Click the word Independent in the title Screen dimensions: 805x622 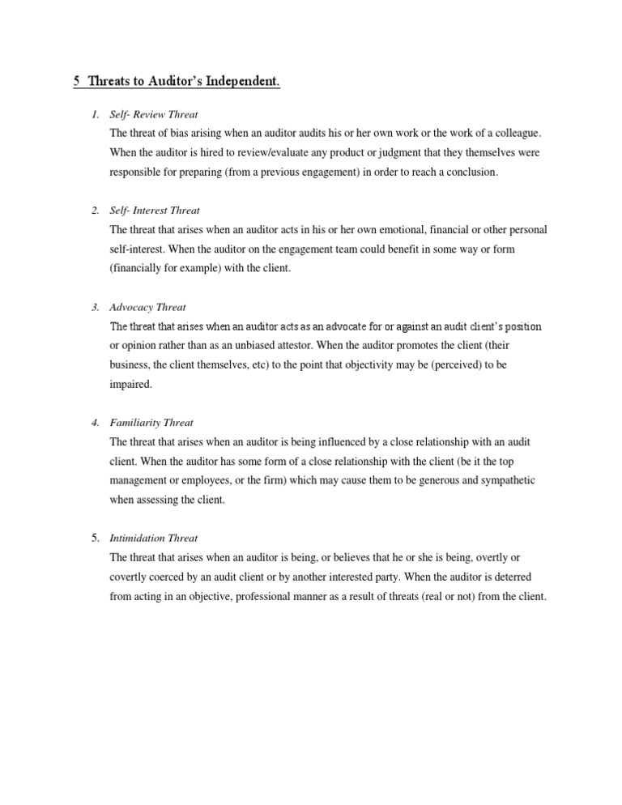241,82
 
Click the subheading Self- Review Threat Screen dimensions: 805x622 154,114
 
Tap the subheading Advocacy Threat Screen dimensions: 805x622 147,307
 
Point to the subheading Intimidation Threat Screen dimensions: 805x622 154,538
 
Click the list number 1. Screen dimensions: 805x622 95,114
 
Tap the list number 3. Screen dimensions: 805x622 95,307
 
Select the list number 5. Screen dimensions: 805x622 95,538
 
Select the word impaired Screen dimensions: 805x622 130,385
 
